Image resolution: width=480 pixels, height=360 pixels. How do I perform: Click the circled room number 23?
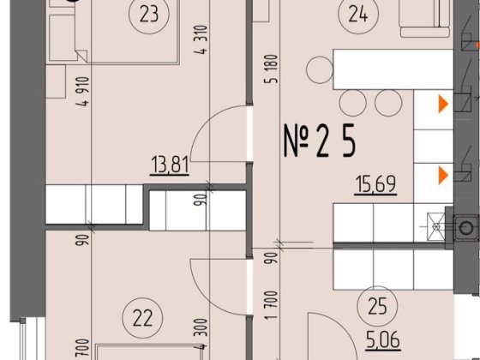144,14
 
